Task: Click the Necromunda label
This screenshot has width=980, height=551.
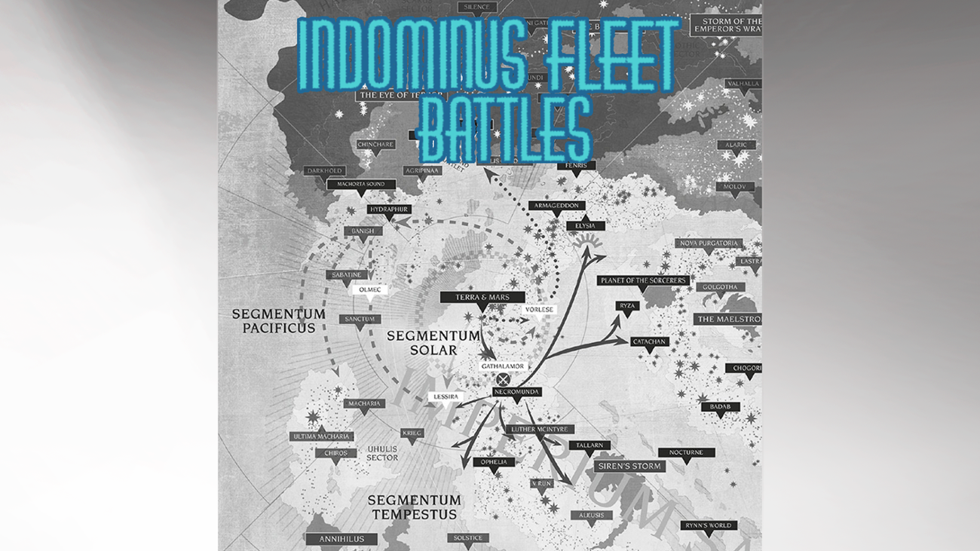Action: click(x=517, y=392)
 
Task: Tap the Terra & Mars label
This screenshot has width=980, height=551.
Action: click(x=482, y=297)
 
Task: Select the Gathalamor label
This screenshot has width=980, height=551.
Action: click(x=503, y=366)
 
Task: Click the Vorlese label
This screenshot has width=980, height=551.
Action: click(x=539, y=310)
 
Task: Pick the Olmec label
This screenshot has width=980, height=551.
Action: click(x=370, y=289)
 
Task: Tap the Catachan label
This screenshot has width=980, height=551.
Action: click(x=649, y=341)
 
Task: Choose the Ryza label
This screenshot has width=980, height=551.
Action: click(x=627, y=305)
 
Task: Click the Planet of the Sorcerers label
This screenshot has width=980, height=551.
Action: click(x=643, y=280)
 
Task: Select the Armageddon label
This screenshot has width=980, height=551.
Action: click(x=556, y=206)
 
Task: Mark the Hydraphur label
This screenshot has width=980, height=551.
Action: click(x=388, y=209)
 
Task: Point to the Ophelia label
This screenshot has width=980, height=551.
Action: click(x=494, y=462)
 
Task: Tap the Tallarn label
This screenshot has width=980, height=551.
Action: click(x=589, y=445)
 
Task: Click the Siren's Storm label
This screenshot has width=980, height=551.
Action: click(x=629, y=466)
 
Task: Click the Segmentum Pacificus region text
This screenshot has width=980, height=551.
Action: click(x=268, y=320)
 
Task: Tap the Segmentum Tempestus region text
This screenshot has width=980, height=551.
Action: click(x=414, y=507)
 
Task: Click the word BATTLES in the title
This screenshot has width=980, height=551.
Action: click(x=505, y=133)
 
